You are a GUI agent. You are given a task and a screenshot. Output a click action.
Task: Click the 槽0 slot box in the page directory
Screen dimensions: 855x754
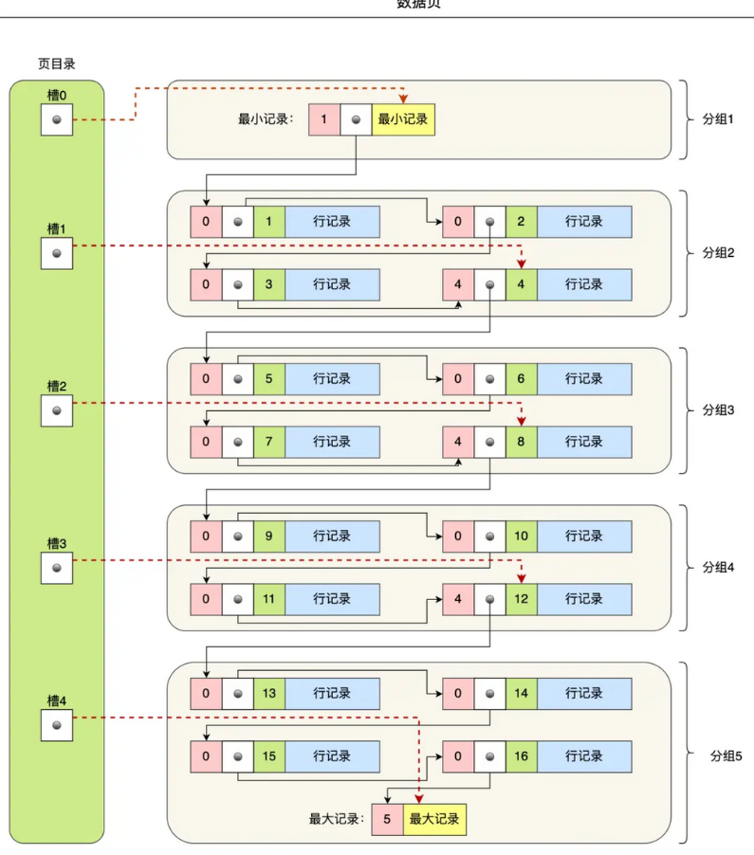pos(57,120)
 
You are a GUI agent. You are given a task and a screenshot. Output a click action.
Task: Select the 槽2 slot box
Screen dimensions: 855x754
pos(57,410)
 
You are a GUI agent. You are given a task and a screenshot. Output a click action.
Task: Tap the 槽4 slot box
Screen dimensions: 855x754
pos(57,725)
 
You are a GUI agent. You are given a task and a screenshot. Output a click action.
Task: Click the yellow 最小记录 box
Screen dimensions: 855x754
pos(403,120)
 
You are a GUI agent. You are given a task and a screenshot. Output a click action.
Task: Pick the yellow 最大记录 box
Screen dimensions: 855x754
pos(434,819)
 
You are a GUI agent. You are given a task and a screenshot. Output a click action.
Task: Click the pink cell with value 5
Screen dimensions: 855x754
pos(387,819)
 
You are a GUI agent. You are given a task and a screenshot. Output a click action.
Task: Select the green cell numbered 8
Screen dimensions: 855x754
pos(521,442)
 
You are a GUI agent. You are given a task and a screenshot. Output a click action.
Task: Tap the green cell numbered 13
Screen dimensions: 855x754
pos(268,694)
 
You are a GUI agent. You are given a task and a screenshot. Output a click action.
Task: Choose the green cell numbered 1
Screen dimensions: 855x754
pos(268,222)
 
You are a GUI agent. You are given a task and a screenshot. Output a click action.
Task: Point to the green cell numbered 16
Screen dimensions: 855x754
pos(521,756)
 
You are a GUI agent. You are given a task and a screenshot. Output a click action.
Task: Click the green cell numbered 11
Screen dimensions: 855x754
pos(268,599)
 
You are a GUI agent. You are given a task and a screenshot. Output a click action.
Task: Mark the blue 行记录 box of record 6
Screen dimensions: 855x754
pos(584,379)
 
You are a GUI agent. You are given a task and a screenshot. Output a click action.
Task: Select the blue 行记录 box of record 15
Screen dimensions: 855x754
pos(332,756)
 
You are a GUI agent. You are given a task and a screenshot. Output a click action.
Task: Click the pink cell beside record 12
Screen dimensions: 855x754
pos(458,599)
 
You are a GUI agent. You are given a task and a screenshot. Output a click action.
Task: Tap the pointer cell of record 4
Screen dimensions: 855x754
pos(489,284)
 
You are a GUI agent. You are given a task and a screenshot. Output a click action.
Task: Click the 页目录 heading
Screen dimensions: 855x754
pos(56,64)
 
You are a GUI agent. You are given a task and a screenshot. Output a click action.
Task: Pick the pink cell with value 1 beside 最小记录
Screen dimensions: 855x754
pos(324,120)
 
